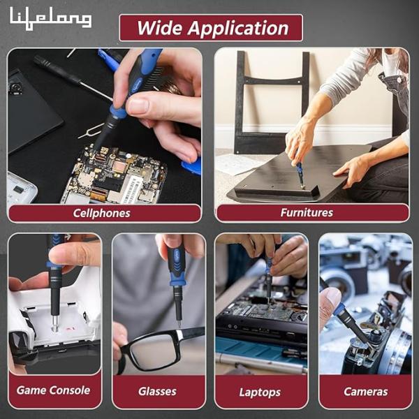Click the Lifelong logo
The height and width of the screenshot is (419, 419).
tap(51, 18)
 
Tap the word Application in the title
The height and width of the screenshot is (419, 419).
tap(238, 29)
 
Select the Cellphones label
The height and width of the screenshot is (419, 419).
tap(101, 213)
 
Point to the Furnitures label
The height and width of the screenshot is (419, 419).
tap(307, 213)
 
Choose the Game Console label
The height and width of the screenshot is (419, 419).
tap(53, 390)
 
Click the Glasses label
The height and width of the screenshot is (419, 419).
tap(157, 391)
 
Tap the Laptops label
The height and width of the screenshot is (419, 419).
tap(260, 392)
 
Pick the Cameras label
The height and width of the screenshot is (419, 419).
tap(365, 392)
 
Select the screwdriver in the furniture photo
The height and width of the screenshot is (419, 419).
tap(300, 175)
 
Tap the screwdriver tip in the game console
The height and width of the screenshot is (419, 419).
tap(54, 324)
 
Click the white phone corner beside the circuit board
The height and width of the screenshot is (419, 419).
tap(20, 188)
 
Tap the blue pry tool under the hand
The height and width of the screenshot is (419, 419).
tap(192, 166)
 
